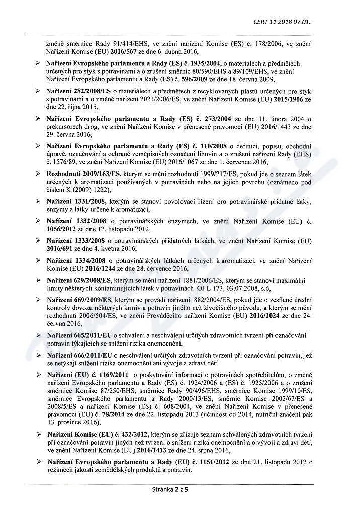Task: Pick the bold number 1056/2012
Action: [60, 228]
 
